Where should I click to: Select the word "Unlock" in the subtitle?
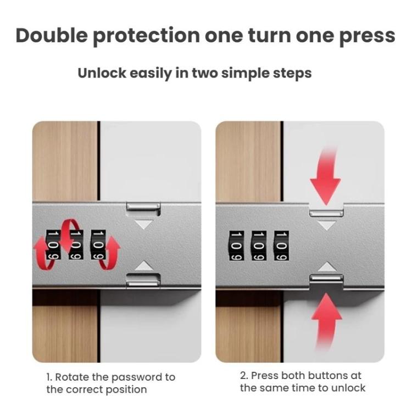pos(101,73)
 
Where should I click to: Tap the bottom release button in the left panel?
pos(143,281)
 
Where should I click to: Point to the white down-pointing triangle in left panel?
pos(144,224)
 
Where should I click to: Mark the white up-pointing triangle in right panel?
pos(327,266)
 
